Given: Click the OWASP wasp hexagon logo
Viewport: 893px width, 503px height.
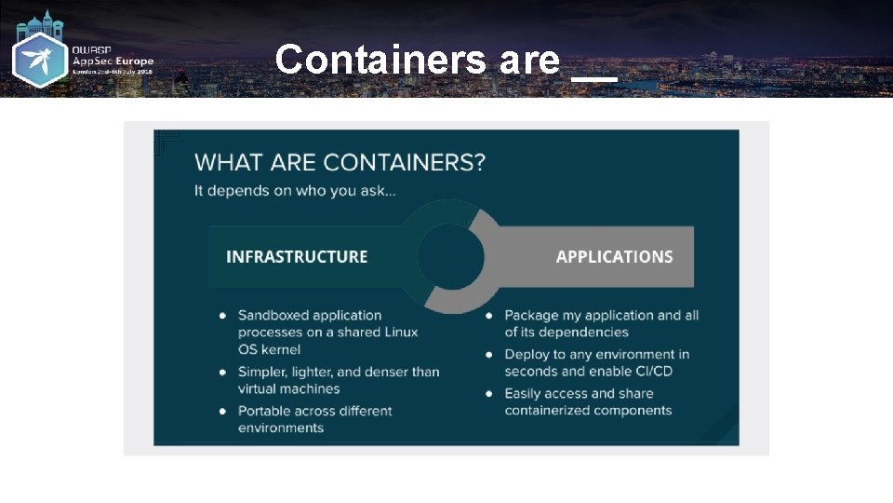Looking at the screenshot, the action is [39, 62].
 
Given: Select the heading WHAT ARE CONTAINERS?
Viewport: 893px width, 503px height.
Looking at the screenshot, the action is [340, 162].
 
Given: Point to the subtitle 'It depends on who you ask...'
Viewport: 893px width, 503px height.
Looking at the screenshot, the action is [295, 190].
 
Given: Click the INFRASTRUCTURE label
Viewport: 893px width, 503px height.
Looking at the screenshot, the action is [297, 256].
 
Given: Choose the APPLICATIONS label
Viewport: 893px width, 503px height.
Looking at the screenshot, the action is [614, 256].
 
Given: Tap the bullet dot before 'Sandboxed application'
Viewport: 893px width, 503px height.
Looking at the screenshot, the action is [223, 316].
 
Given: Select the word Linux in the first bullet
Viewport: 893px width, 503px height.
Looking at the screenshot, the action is [399, 333].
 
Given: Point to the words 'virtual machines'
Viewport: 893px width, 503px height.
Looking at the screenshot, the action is [288, 388].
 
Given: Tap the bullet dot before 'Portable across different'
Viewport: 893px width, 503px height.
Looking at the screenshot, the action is [223, 411].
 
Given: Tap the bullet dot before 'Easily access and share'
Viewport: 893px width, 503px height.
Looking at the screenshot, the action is [490, 394].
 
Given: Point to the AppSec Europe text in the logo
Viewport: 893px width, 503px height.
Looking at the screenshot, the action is [113, 61].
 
